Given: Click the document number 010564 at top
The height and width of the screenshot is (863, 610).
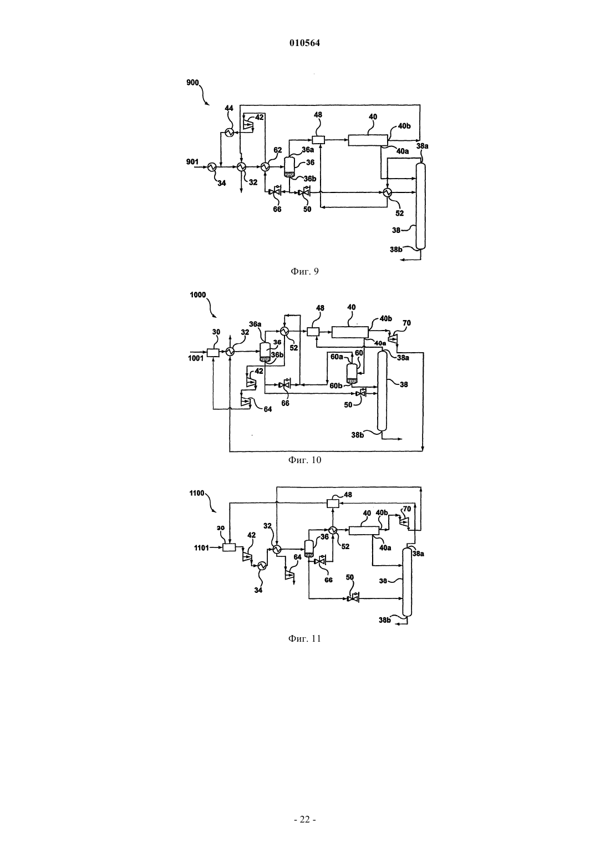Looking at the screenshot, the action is coord(304,43).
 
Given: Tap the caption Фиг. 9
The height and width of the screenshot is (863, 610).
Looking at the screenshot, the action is coord(304,272).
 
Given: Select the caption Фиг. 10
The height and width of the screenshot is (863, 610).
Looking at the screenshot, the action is coord(304,460).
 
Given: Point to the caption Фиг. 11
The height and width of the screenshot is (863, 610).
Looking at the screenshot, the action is coord(304,639).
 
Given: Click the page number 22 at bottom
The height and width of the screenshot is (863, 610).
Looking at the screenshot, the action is coord(304,820).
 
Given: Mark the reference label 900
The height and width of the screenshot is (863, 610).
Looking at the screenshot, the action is coord(192,83).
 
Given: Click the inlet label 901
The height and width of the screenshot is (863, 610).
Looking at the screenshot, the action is coord(192,162).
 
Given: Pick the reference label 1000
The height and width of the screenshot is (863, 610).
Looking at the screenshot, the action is coord(198,295).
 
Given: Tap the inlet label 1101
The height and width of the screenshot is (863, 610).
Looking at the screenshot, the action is coord(201,547).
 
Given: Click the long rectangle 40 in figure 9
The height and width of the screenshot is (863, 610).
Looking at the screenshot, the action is coord(368,140).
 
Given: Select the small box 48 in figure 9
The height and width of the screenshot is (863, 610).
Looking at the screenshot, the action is coord(318,140).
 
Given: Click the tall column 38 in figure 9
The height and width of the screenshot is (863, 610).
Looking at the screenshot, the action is coord(420,206).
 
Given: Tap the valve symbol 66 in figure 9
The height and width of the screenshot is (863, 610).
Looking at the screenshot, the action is coord(276,191).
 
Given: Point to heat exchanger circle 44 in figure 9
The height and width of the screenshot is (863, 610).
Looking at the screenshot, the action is coord(229,133).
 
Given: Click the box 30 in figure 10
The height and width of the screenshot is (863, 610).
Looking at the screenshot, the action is coord(213,352).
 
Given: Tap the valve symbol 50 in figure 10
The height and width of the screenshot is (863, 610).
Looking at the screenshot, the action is coord(361,393).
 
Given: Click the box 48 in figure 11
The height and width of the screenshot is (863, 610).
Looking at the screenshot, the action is coord(332,503).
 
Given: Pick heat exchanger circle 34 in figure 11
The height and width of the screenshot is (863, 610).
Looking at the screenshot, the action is coord(262,565).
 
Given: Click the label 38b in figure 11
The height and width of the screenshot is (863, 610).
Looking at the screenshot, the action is coord(384,620).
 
